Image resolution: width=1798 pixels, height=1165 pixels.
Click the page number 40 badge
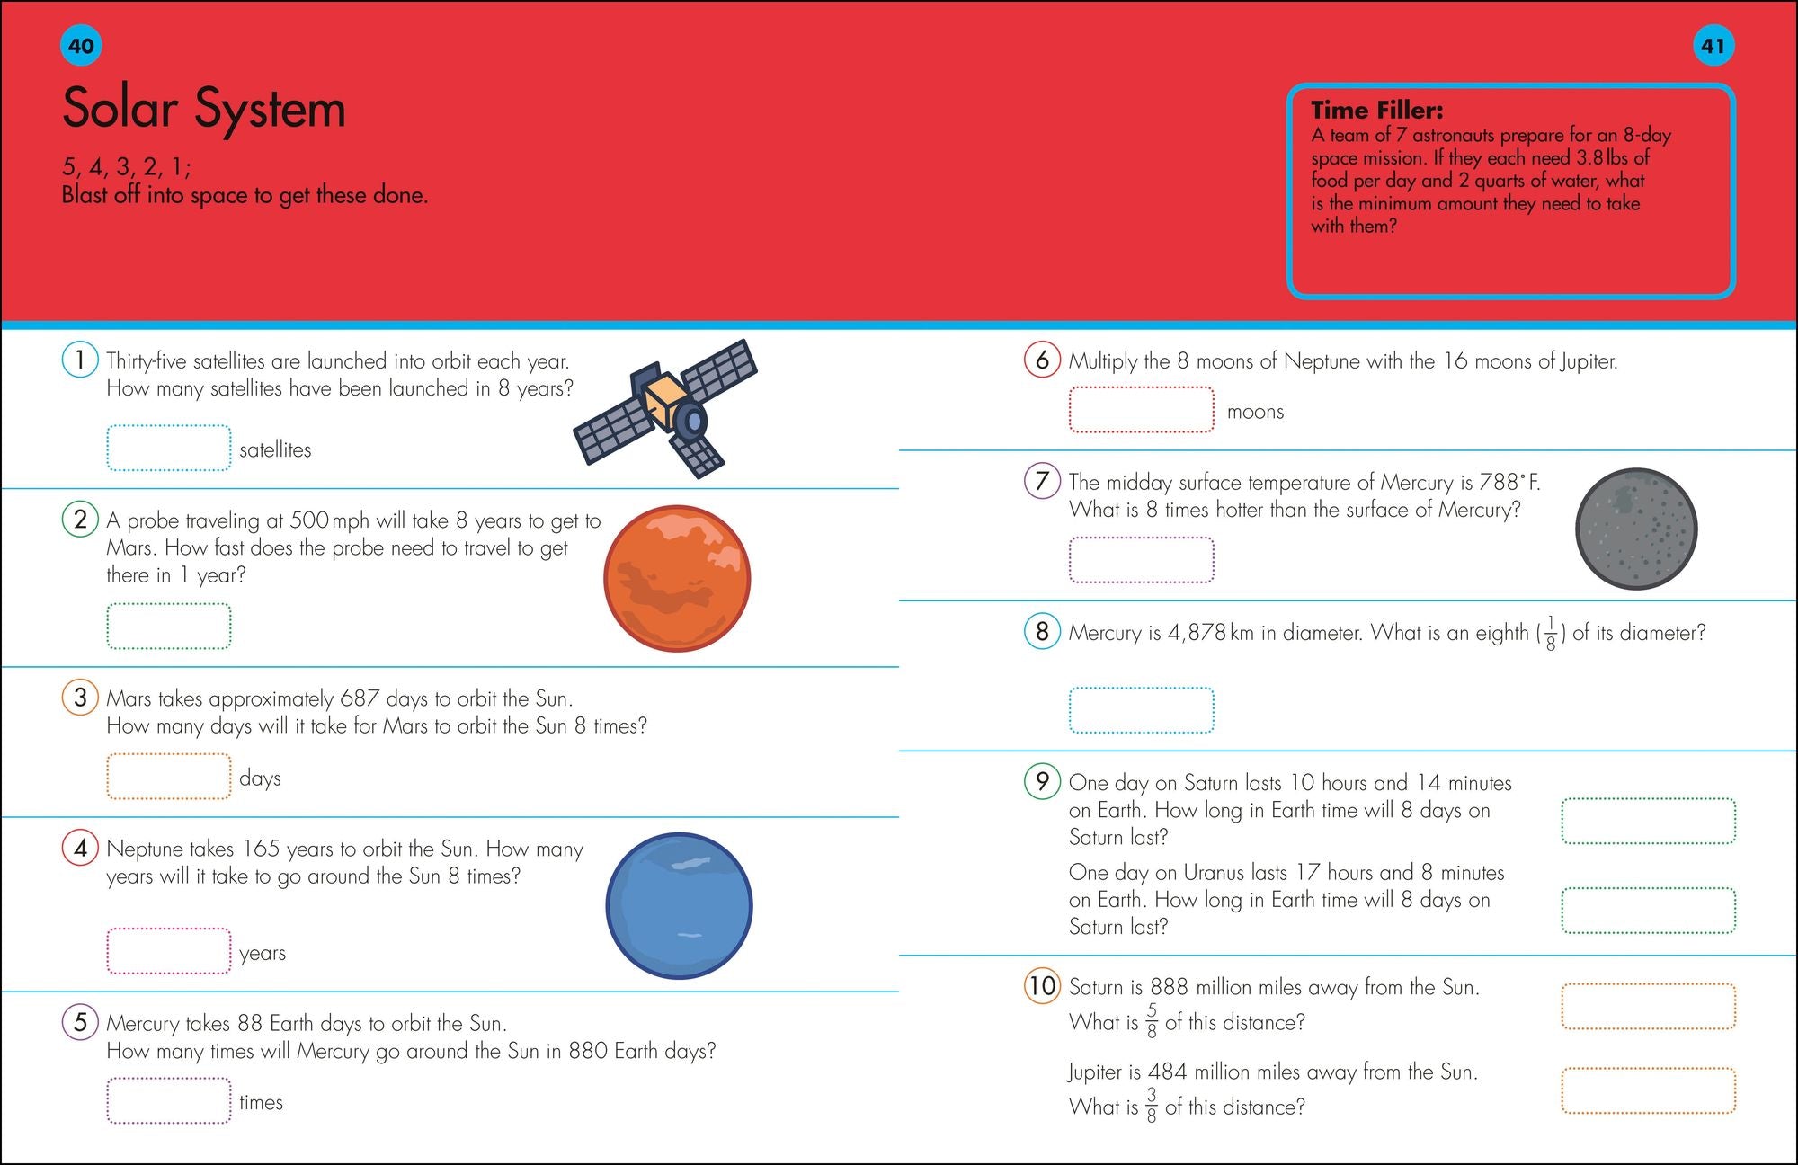[x=81, y=46]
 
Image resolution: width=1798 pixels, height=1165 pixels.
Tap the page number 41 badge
[x=1713, y=46]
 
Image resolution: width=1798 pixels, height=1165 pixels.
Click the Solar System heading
[x=204, y=109]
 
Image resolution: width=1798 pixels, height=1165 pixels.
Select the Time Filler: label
[x=1376, y=111]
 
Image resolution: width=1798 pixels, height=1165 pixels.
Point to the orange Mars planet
[x=677, y=578]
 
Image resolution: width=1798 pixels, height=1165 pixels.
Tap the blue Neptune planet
[x=679, y=905]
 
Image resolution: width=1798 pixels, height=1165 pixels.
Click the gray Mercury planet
[x=1636, y=529]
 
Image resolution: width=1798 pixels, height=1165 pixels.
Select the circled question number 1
[x=80, y=360]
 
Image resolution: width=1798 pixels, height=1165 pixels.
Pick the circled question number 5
[x=80, y=1021]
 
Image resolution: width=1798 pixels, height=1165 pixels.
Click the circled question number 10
[x=1042, y=985]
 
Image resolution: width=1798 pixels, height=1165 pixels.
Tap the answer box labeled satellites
[x=169, y=448]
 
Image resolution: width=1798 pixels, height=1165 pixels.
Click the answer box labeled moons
[x=1141, y=410]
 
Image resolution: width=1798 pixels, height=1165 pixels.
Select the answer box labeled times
[x=169, y=1100]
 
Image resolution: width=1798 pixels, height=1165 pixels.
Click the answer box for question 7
[x=1141, y=560]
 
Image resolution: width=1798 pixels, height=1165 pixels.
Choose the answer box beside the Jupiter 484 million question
[x=1648, y=1089]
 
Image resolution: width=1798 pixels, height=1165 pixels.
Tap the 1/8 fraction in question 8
[x=1551, y=634]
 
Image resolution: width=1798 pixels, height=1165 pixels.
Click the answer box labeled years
[x=169, y=951]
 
